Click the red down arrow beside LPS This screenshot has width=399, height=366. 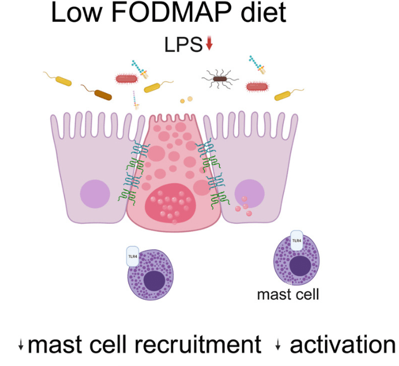click(209, 44)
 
